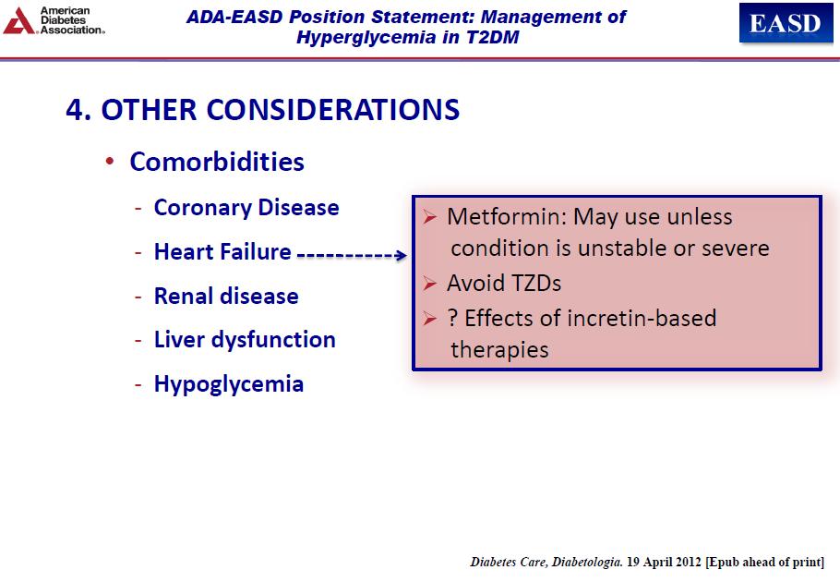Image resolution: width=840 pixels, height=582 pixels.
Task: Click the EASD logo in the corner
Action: click(786, 22)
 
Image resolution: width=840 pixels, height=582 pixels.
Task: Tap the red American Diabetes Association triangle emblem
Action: click(18, 21)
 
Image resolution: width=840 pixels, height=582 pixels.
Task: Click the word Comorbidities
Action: click(217, 162)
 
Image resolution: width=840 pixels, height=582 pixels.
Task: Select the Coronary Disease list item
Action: click(246, 208)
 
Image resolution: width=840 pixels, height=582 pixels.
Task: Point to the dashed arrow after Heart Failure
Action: click(352, 255)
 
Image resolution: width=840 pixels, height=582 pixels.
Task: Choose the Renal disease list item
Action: click(226, 296)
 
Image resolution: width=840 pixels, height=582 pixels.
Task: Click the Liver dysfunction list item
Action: click(245, 340)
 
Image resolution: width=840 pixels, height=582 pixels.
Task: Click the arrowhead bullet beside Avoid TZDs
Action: click(429, 283)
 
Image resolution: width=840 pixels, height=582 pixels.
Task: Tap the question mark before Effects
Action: click(452, 318)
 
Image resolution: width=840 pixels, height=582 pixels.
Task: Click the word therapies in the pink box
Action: click(499, 350)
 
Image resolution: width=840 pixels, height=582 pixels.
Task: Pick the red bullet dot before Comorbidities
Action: click(110, 162)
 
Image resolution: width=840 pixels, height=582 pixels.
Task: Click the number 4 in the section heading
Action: click(75, 110)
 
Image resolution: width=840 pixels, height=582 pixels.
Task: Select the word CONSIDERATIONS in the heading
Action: click(332, 110)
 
